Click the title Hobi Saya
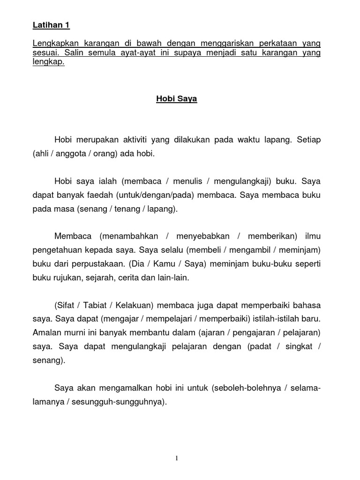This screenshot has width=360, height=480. click(x=176, y=99)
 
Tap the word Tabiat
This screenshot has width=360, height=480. click(x=98, y=306)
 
